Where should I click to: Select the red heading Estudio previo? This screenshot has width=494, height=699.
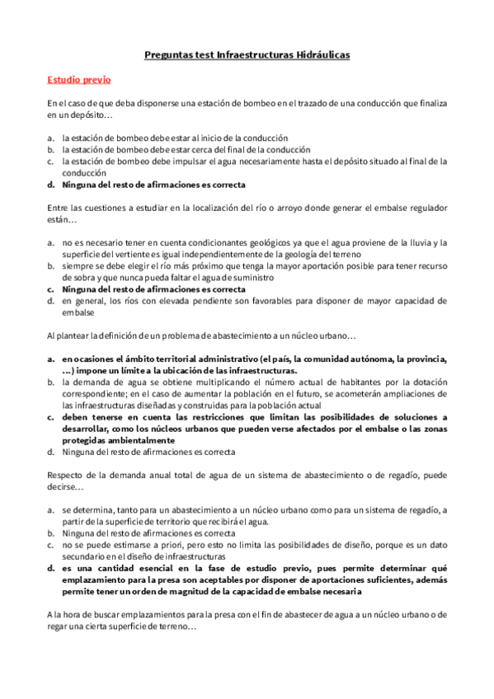pyautogui.click(x=78, y=80)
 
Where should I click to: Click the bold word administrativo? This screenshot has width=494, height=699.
pyautogui.click(x=214, y=359)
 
